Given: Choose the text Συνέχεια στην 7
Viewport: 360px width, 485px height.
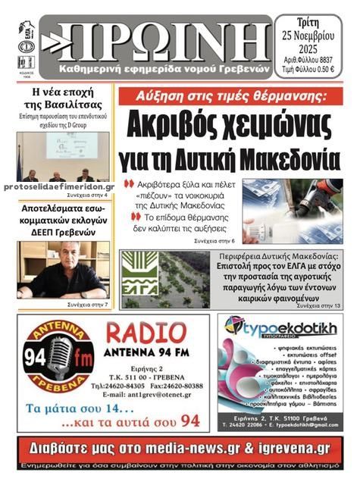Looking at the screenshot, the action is pos(88,305).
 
